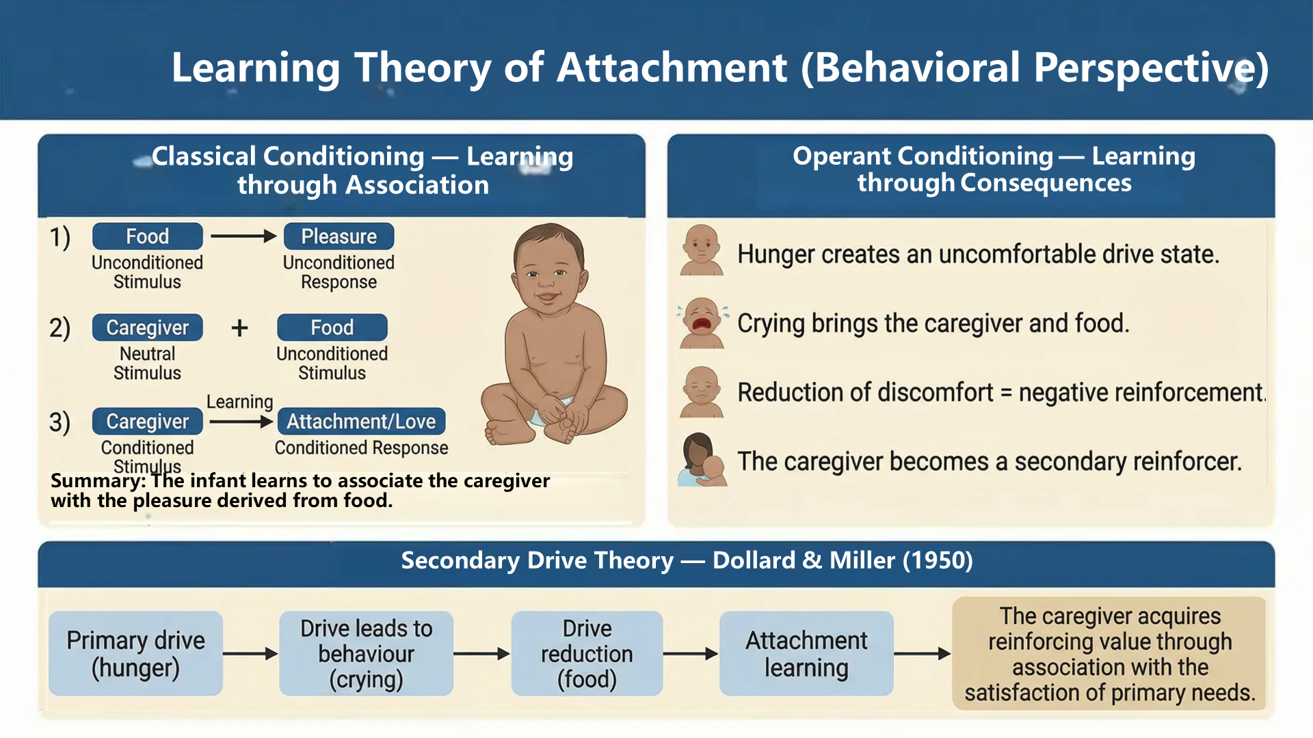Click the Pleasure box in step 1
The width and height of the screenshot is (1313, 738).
click(x=339, y=236)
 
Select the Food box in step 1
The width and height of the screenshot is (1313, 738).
click(x=147, y=236)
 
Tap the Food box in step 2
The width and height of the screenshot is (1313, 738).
click(x=332, y=327)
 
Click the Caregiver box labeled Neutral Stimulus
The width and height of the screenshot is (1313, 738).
click(x=147, y=327)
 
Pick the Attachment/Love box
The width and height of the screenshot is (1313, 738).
click(x=361, y=421)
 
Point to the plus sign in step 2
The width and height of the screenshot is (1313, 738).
click(x=239, y=328)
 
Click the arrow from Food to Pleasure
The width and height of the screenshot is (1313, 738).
click(x=243, y=236)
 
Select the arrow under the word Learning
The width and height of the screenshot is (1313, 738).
click(x=241, y=422)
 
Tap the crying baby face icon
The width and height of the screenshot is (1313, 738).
click(x=702, y=323)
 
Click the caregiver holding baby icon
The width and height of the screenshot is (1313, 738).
click(x=702, y=459)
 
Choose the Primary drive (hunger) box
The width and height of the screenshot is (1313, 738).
click(x=135, y=653)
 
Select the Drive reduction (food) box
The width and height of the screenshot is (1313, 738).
click(x=587, y=653)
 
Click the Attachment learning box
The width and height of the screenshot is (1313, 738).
click(x=806, y=653)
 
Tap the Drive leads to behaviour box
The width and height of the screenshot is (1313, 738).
click(x=366, y=653)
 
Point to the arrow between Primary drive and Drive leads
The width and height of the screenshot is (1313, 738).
click(x=250, y=654)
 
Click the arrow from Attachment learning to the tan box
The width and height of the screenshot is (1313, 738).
click(x=923, y=654)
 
